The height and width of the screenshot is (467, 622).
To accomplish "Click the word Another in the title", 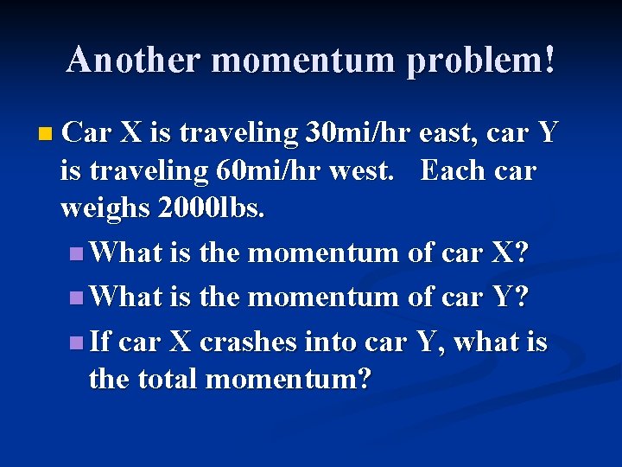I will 133,60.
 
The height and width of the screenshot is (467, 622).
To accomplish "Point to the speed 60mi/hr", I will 261,170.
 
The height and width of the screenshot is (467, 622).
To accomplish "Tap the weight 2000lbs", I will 206,208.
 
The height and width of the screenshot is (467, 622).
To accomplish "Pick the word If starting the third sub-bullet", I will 99,342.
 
